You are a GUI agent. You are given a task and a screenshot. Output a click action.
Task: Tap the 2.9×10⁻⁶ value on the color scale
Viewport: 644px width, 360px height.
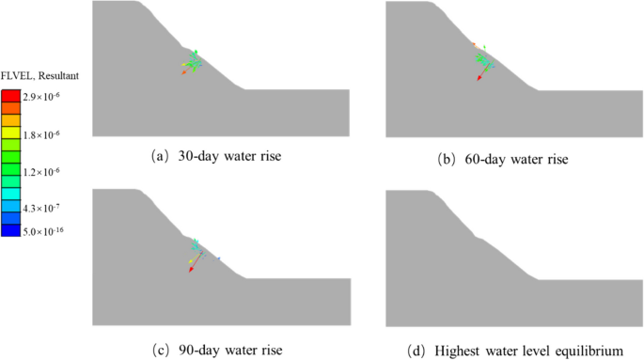pyautogui.click(x=43, y=97)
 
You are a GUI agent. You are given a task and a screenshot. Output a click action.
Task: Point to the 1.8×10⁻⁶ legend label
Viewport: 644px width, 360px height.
pyautogui.click(x=43, y=135)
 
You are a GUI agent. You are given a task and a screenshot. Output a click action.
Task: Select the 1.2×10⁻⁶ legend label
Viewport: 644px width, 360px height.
pyautogui.click(x=43, y=174)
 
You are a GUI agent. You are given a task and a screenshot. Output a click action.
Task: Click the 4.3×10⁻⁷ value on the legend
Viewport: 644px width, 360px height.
pyautogui.click(x=43, y=206)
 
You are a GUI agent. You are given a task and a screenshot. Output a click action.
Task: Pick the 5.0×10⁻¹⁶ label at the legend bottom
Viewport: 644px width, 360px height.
pyautogui.click(x=45, y=231)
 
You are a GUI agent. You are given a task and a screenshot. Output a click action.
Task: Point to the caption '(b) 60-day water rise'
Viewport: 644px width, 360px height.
pyautogui.click(x=513, y=158)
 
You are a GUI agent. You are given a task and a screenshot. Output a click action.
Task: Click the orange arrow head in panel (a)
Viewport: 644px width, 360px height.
pyautogui.click(x=184, y=72)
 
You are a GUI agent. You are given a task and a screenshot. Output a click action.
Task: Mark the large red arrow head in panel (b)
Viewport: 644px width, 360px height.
pyautogui.click(x=479, y=80)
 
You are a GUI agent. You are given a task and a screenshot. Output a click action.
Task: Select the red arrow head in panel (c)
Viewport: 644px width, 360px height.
pyautogui.click(x=191, y=271)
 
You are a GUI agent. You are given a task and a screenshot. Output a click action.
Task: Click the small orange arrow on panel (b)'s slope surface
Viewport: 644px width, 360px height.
pyautogui.click(x=474, y=43)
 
